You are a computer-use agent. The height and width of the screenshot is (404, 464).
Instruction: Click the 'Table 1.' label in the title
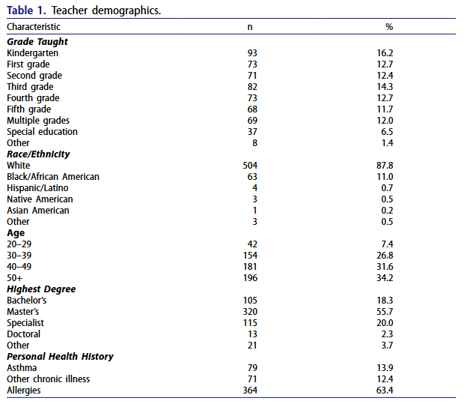[x=26, y=10]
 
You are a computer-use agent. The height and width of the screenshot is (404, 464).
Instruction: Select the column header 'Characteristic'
[x=34, y=27]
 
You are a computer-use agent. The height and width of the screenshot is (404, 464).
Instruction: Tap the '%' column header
[x=389, y=27]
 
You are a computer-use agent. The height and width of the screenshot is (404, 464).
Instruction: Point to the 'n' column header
[x=250, y=27]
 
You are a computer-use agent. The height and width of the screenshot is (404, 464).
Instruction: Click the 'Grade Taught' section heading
[x=37, y=42]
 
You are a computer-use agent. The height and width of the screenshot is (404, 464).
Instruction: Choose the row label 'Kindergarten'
[x=32, y=53]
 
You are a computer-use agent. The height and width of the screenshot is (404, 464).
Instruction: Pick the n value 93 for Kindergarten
[x=252, y=53]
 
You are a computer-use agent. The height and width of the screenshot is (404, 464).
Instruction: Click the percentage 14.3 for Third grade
[x=385, y=87]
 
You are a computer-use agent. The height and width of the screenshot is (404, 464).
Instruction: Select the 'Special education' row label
[x=42, y=132]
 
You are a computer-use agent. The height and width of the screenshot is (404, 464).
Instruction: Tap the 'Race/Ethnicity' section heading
[x=38, y=154]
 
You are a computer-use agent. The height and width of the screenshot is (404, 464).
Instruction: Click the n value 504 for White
[x=250, y=166]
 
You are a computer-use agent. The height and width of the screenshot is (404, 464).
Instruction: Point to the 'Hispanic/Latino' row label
[x=37, y=188]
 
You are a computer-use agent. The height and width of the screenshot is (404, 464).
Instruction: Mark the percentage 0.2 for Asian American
[x=387, y=211]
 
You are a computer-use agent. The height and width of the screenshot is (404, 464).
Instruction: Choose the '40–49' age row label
[x=19, y=267]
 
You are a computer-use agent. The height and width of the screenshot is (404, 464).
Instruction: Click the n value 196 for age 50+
[x=250, y=278]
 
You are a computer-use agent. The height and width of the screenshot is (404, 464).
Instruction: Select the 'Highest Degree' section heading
[x=41, y=289]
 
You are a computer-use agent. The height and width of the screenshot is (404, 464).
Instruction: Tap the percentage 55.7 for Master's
[x=385, y=312]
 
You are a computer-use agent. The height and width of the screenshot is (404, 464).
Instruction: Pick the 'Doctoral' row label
[x=23, y=334]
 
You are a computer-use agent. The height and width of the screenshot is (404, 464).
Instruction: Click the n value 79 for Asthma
[x=252, y=368]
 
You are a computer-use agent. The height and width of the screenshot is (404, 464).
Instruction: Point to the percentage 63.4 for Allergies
[x=385, y=391]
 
